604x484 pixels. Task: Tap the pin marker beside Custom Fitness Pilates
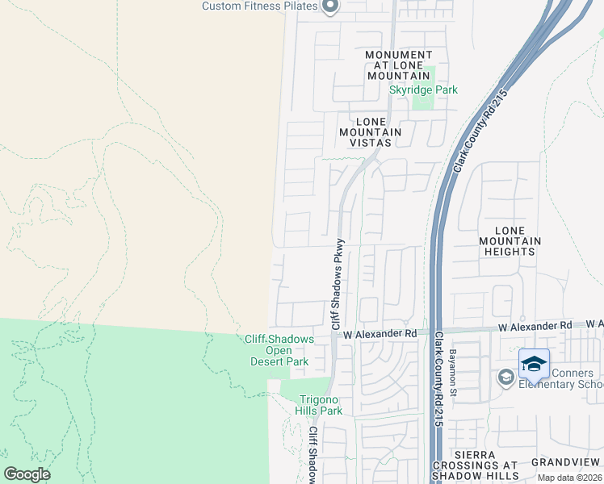[329, 6]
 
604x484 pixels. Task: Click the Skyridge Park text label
[423, 90]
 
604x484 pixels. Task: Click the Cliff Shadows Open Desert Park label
[279, 351]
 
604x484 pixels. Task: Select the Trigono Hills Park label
[321, 405]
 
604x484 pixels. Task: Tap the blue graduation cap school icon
[534, 364]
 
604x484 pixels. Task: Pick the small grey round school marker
[506, 377]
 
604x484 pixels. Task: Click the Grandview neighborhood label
[565, 462]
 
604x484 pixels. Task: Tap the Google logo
[27, 474]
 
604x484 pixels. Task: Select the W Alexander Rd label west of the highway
[380, 333]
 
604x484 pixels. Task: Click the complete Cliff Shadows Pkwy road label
[338, 282]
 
